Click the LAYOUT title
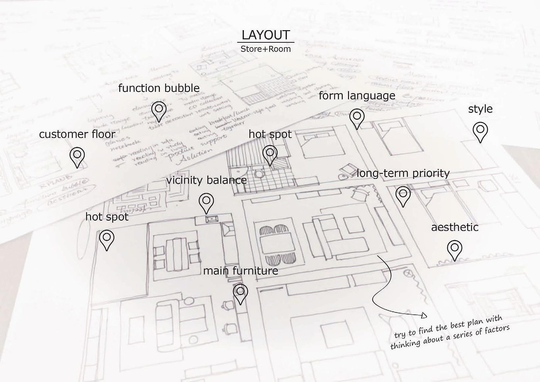[265, 35]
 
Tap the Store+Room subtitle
[265, 49]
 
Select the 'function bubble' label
[159, 88]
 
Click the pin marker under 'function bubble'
[159, 111]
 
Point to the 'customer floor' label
[77, 134]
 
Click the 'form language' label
[357, 95]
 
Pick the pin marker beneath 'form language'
[357, 118]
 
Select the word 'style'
[480, 109]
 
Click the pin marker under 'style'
[480, 132]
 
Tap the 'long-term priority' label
[403, 173]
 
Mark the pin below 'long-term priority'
[403, 196]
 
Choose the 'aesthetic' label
[455, 227]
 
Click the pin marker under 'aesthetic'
[455, 250]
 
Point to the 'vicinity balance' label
[206, 180]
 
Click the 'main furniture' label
[240, 271]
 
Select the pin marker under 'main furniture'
[240, 294]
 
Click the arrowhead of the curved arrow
[424, 315]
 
